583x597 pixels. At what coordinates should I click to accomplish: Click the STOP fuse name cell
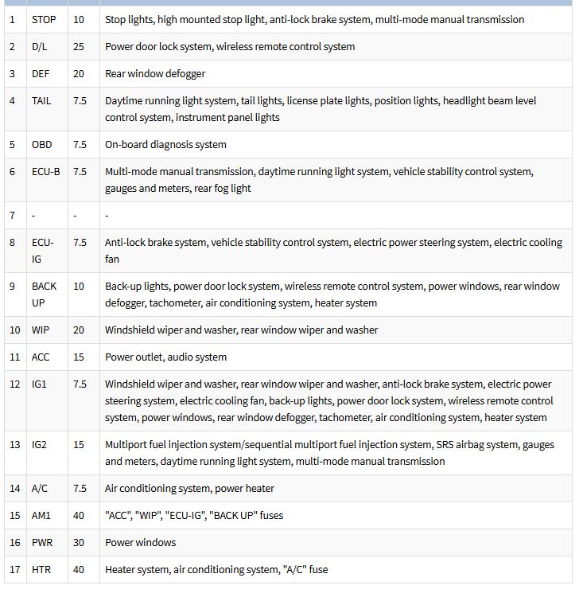tap(44, 19)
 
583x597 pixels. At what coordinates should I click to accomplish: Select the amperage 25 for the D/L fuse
tap(79, 46)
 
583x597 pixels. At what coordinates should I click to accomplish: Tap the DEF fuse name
tap(41, 73)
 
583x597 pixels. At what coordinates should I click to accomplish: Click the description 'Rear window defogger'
tap(155, 73)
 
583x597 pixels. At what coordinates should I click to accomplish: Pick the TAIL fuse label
tap(41, 101)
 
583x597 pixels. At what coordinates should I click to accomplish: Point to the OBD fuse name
tap(41, 144)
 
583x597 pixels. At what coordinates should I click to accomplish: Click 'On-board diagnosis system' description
tap(165, 144)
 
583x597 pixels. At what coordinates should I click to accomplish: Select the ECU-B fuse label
tap(45, 171)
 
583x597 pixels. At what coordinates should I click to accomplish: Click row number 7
tap(12, 215)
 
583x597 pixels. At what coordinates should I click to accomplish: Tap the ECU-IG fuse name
tap(43, 250)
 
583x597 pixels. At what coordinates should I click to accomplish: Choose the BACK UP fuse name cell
tap(45, 294)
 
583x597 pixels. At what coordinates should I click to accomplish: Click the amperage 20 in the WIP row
tap(79, 330)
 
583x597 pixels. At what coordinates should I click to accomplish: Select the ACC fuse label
tap(41, 357)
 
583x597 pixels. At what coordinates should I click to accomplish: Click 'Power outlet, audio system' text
tap(165, 357)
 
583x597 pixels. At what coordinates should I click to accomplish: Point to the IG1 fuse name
tap(39, 384)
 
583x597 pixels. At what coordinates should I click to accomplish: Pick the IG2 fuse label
tap(39, 444)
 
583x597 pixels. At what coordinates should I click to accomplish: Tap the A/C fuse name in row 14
tap(40, 488)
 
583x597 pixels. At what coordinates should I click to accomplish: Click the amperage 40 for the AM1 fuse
tap(79, 515)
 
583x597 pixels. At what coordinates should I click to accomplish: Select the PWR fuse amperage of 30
tap(79, 542)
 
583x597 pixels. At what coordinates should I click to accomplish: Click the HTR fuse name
tap(41, 569)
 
